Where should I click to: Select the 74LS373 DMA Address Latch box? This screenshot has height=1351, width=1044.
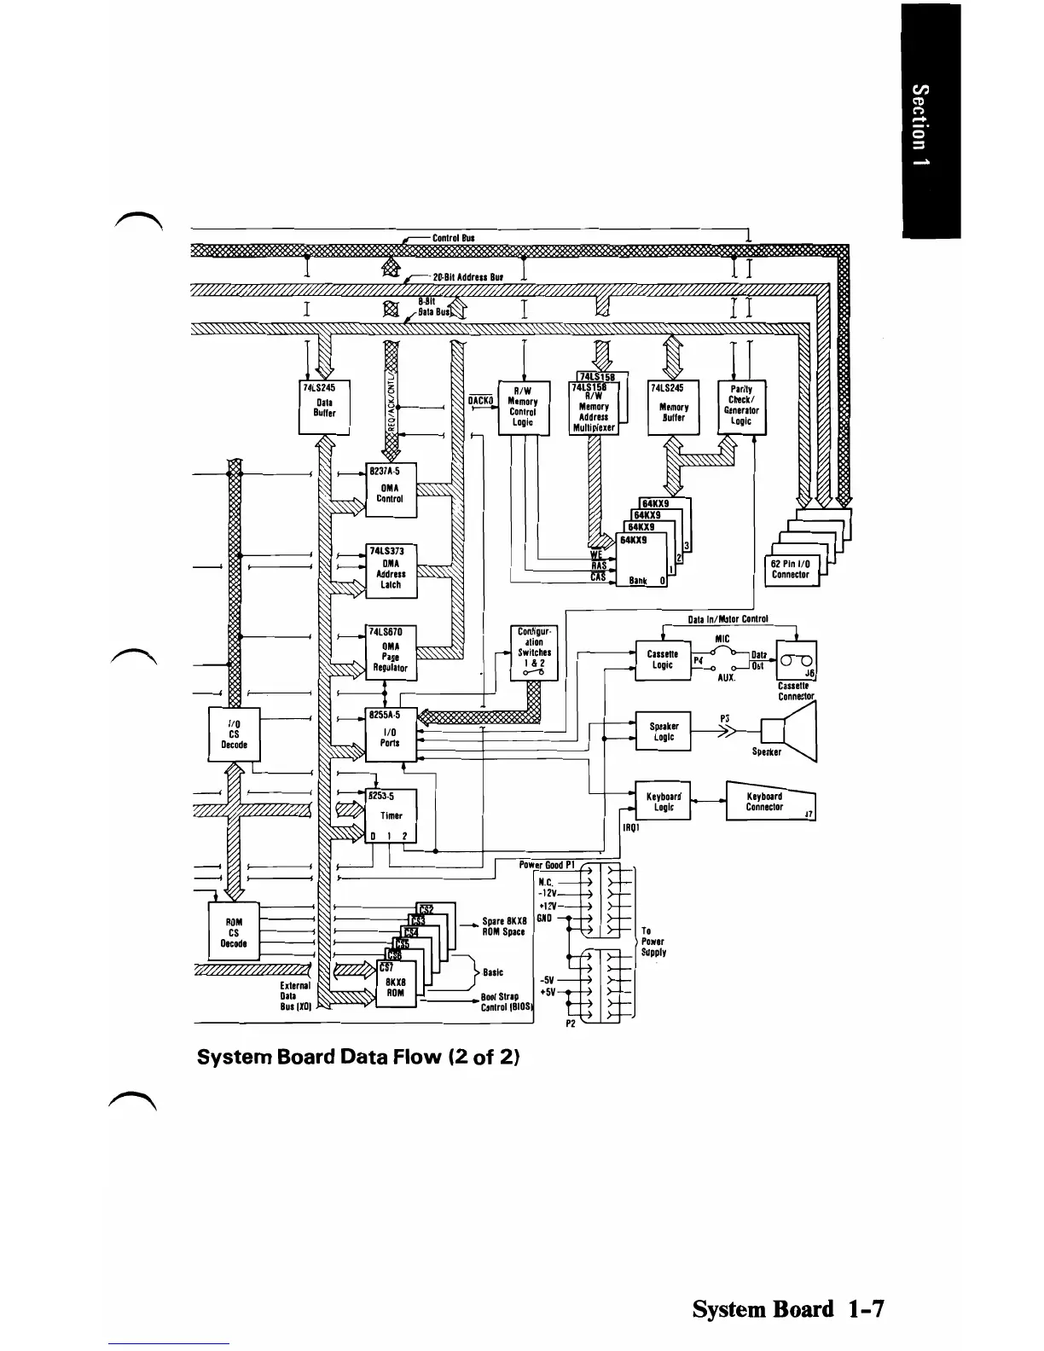pos(391,567)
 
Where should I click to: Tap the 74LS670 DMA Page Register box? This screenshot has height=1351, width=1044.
pos(391,652)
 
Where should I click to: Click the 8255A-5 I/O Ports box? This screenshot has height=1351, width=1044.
pos(391,733)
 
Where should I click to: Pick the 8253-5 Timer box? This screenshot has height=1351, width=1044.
pos(391,815)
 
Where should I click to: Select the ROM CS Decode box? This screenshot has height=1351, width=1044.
pos(234,931)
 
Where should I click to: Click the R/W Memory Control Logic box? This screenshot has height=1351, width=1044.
pos(522,406)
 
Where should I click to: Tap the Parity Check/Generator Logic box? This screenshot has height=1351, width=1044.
pos(741,406)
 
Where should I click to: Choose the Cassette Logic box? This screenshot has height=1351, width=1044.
pos(663,660)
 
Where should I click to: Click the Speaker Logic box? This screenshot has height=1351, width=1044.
pos(663,731)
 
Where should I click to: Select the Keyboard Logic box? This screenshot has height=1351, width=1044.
pos(663,801)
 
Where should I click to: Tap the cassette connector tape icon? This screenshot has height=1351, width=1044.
pos(796,663)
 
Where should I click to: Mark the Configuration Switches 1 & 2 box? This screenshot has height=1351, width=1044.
pos(534,652)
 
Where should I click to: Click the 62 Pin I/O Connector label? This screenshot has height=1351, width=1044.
pos(791,570)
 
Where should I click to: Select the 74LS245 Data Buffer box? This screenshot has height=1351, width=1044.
pos(324,406)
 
